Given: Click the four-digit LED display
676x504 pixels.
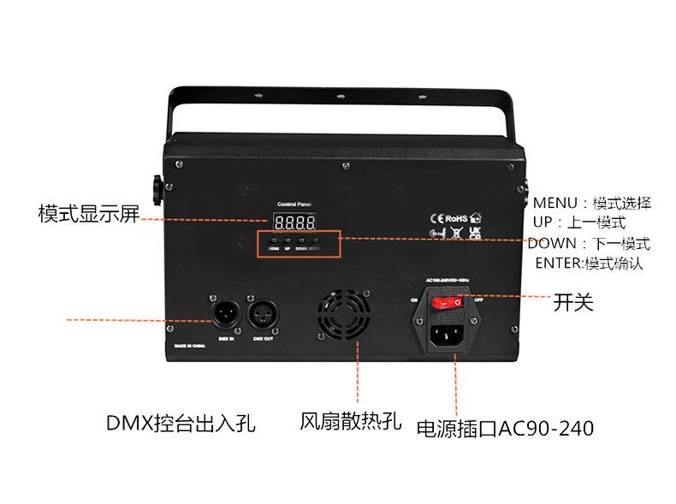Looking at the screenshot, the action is (294, 222).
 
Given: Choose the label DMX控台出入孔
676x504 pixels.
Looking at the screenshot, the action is (181, 424).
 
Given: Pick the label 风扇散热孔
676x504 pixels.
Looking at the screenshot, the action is (350, 422).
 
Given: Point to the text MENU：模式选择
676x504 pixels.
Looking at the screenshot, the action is (591, 204).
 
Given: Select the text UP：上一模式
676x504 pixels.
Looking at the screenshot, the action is (578, 223).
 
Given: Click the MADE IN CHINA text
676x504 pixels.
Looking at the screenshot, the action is (191, 347).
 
